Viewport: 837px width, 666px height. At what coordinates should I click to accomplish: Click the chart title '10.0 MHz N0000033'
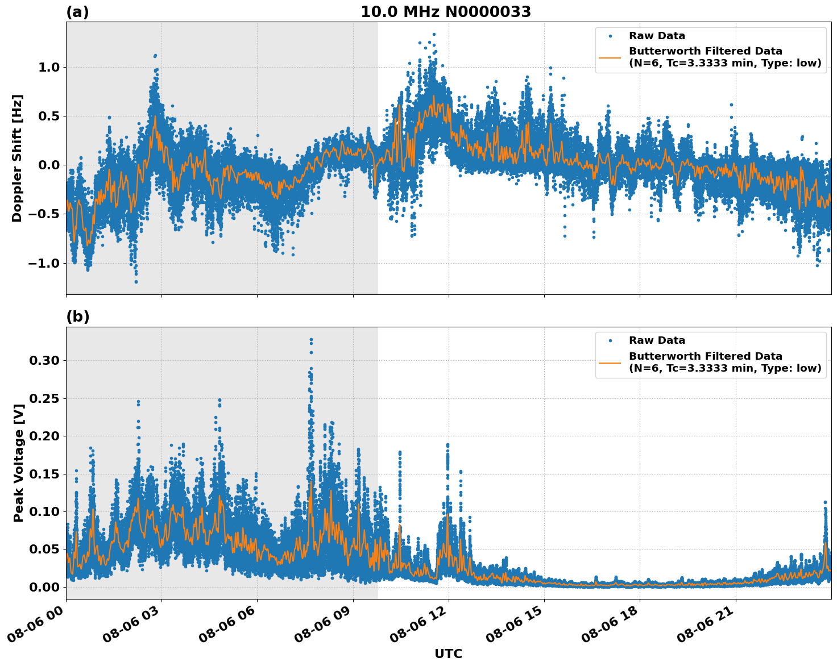(446, 12)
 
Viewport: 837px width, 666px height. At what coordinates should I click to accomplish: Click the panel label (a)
(77, 12)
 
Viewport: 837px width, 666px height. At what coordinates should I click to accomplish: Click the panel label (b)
(77, 317)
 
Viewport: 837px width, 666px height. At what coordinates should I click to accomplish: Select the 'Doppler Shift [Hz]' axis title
(17, 158)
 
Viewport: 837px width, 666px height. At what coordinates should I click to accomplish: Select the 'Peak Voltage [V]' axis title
(19, 463)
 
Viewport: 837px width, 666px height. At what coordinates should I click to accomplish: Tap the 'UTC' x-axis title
(448, 653)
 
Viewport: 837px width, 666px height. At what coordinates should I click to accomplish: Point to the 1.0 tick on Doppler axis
(48, 67)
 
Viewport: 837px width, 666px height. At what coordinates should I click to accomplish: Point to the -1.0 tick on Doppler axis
(44, 263)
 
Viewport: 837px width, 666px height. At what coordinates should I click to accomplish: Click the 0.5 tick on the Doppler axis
(48, 116)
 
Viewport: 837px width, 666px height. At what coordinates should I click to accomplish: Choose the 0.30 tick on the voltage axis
(44, 360)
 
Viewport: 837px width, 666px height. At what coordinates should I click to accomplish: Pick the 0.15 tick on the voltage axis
(44, 474)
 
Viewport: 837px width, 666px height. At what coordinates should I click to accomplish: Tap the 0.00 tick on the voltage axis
(44, 587)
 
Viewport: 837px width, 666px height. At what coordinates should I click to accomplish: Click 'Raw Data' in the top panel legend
(657, 36)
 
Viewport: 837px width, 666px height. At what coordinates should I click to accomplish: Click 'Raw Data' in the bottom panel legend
(657, 340)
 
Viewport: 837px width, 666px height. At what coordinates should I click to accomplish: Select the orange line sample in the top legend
(610, 57)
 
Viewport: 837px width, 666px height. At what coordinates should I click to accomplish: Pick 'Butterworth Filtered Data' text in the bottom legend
(705, 356)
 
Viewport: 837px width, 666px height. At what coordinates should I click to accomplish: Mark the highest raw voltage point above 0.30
(311, 340)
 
